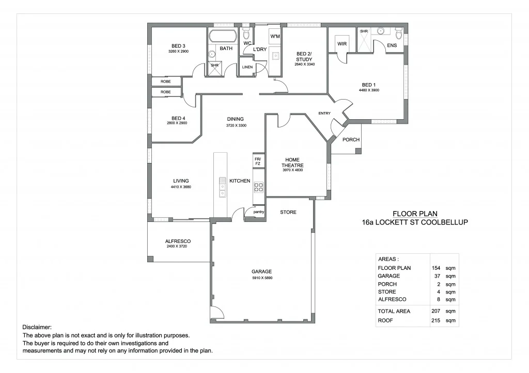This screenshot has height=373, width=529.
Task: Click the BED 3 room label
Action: click(x=177, y=46)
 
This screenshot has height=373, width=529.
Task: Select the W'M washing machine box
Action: click(x=275, y=36)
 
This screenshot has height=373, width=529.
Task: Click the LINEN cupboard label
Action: click(x=247, y=67)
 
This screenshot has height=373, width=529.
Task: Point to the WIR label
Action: click(x=342, y=44)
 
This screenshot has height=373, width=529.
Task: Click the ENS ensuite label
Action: click(x=392, y=45)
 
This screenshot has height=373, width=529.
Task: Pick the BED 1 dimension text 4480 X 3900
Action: click(x=369, y=90)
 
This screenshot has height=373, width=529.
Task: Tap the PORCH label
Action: click(x=351, y=140)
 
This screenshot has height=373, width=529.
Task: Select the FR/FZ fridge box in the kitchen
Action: click(x=258, y=161)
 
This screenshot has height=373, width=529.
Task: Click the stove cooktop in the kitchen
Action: click(x=258, y=187)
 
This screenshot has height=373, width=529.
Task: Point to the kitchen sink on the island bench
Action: click(x=222, y=188)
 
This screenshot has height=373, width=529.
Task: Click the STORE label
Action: click(x=288, y=212)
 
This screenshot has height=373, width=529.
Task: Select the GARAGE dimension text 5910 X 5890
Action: click(x=262, y=278)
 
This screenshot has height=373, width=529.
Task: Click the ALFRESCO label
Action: click(x=178, y=241)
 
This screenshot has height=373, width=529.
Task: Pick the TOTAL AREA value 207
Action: click(x=435, y=311)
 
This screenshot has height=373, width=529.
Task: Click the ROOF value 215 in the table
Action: click(x=435, y=321)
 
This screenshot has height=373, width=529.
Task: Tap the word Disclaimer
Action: click(x=37, y=328)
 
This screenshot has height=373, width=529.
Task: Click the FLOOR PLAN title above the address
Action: click(x=415, y=214)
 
